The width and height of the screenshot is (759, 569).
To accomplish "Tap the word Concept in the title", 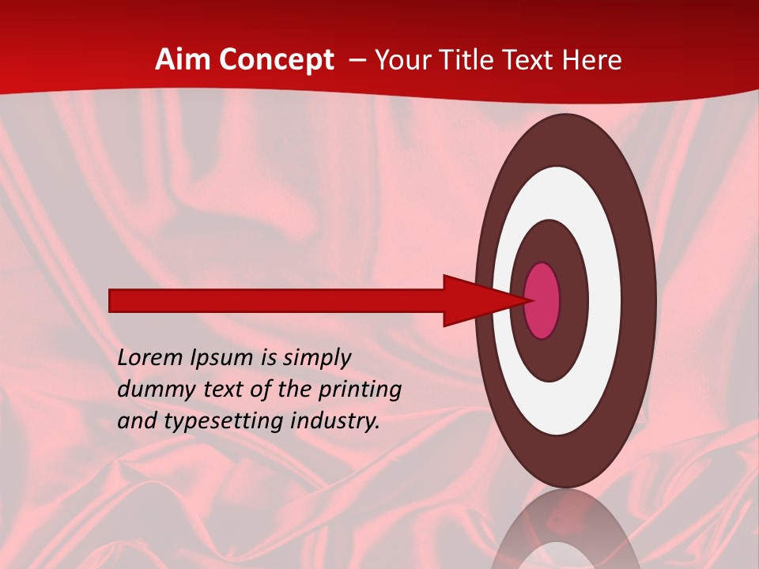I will click(x=274, y=60).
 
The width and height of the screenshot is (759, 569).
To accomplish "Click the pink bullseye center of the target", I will click(x=542, y=300).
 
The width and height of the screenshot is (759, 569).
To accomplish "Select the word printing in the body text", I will click(x=359, y=390).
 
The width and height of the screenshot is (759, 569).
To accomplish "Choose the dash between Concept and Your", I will click(x=357, y=61).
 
